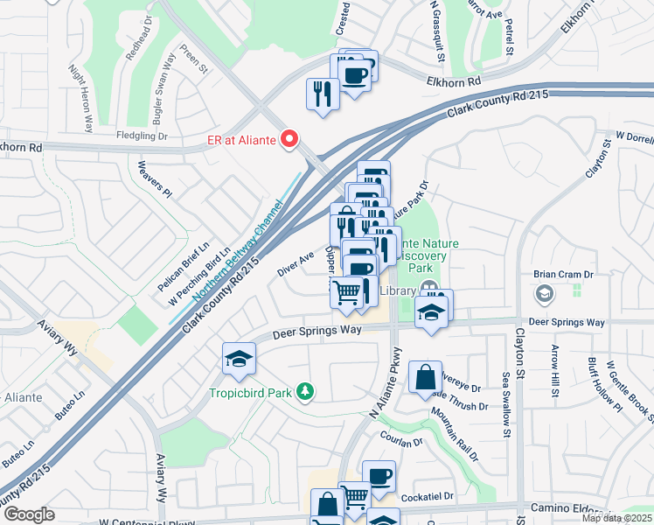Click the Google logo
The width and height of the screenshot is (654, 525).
coord(29,514)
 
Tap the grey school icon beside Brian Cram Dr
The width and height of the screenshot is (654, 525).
coord(544,293)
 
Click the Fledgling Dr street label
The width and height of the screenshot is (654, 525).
coord(142,136)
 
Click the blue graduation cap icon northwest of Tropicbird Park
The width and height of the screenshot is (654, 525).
coord(239,357)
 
